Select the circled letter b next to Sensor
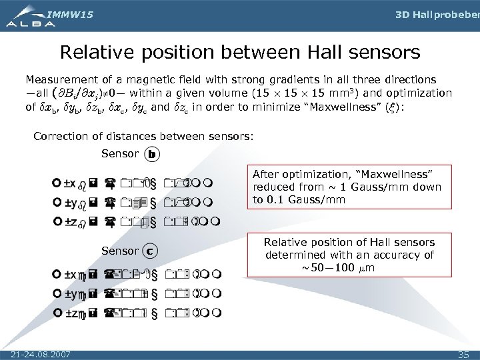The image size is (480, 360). tap(151, 154)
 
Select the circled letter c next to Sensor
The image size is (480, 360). tap(151, 251)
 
